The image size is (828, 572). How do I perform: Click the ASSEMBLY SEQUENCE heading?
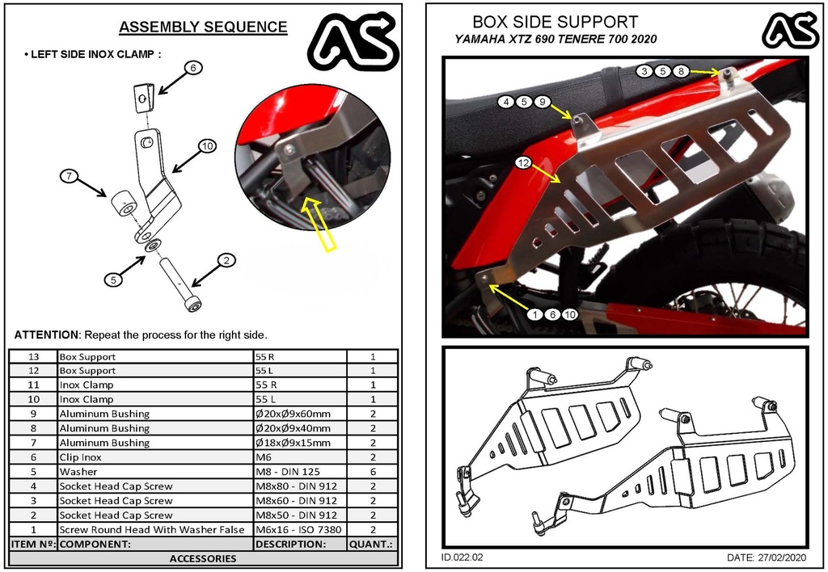[203, 27]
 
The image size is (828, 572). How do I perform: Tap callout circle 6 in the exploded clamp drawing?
[192, 68]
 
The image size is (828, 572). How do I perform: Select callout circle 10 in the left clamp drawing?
[207, 146]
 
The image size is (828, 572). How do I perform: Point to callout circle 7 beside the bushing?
[69, 176]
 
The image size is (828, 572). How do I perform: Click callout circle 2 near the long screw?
[227, 260]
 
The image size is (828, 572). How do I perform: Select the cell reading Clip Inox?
[81, 457]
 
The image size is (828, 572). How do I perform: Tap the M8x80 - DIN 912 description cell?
[297, 486]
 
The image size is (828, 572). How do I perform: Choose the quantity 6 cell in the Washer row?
[373, 472]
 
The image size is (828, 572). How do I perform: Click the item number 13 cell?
[33, 356]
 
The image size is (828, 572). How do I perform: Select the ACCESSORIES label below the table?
[203, 558]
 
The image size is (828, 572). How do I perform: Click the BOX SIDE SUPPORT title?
[555, 22]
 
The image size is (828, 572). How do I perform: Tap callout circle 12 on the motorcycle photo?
[523, 163]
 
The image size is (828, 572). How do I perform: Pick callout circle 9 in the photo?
[543, 102]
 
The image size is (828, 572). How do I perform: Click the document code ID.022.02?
[463, 557]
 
